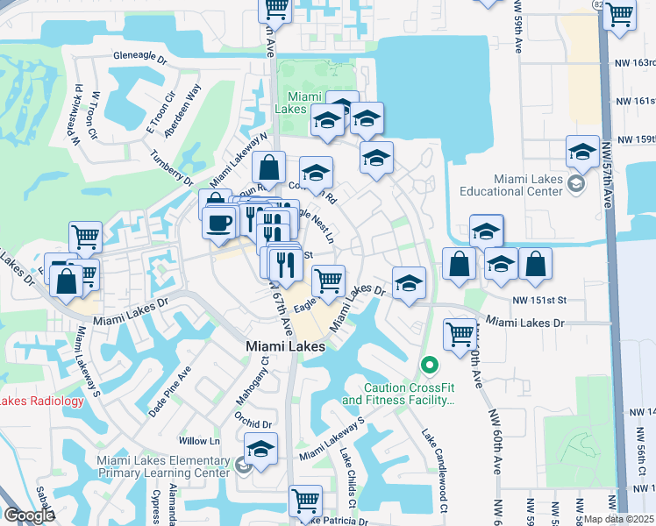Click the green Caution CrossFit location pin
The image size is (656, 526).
tap(429, 364)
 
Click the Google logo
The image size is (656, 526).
tap(29, 515)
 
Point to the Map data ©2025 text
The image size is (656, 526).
tap(618, 519)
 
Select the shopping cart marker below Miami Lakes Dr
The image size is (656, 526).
tap(460, 334)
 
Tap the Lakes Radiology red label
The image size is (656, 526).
tap(42, 402)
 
